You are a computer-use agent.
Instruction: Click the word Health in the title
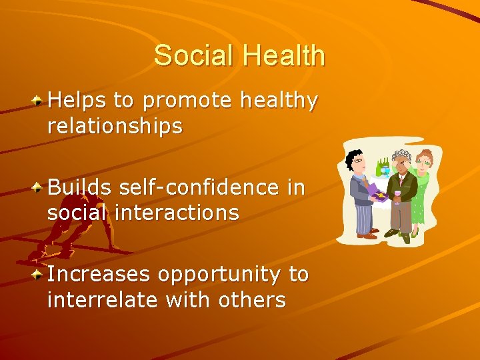pyautogui.click(x=284, y=55)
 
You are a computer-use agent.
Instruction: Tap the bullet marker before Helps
pyautogui.click(x=39, y=100)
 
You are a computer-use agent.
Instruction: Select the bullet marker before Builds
pyautogui.click(x=39, y=187)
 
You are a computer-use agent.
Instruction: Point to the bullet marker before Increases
pyautogui.click(x=39, y=274)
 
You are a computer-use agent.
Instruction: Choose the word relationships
pyautogui.click(x=115, y=127)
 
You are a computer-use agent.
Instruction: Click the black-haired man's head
pyautogui.click(x=355, y=161)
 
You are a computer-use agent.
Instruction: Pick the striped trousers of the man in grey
pyautogui.click(x=365, y=217)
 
